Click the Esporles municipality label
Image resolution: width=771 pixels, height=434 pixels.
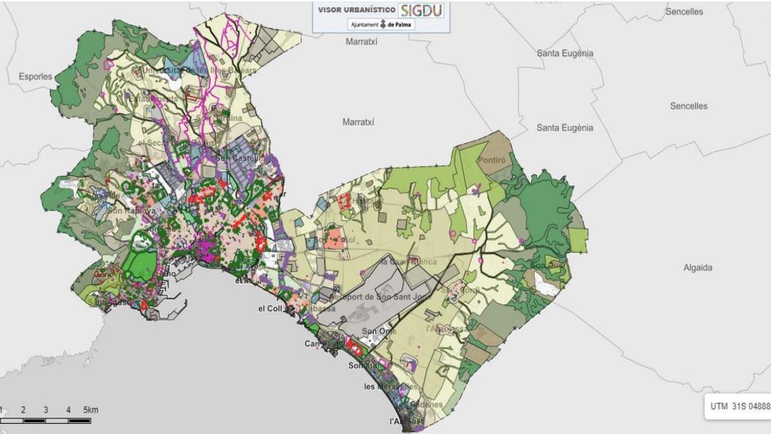pos(35,77)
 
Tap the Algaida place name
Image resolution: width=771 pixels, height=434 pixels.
pos(698,267)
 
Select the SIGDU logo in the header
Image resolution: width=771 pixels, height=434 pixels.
pos(421,10)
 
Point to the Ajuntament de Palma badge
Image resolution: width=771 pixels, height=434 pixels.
pos(382,25)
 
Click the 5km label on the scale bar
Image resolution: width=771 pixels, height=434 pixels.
pos(91,410)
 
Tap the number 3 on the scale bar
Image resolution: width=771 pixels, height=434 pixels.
pos(46,410)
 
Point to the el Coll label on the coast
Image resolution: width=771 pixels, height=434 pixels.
pos(270,309)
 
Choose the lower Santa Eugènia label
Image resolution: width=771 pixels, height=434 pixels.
pos(565,128)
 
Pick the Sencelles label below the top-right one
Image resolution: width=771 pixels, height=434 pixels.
pos(689,106)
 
